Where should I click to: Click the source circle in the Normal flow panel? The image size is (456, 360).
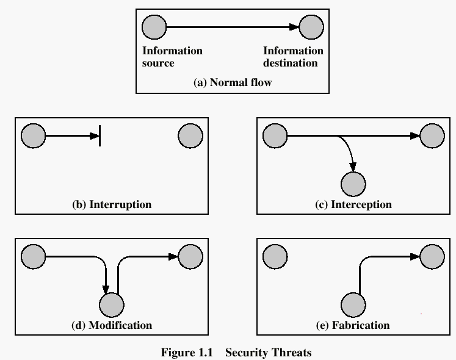click(x=154, y=27)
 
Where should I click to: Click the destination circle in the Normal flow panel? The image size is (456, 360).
click(x=311, y=27)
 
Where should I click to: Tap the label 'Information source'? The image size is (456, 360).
click(x=172, y=57)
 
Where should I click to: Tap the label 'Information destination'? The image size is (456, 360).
click(x=293, y=57)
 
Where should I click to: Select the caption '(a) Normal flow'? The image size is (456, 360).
click(x=232, y=82)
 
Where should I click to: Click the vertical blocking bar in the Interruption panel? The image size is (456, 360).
click(x=100, y=135)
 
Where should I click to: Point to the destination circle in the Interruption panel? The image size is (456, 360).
click(x=190, y=135)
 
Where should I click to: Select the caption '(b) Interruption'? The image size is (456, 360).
click(x=112, y=204)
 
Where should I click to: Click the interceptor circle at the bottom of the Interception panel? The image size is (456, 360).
click(x=353, y=184)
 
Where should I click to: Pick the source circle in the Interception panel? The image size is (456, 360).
click(x=275, y=135)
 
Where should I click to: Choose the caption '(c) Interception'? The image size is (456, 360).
click(x=353, y=204)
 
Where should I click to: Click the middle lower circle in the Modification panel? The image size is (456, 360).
click(x=112, y=304)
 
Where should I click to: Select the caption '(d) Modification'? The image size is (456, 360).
click(x=112, y=325)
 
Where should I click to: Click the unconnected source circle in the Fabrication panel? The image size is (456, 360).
click(x=275, y=257)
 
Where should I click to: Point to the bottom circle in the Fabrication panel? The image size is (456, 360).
click(x=353, y=304)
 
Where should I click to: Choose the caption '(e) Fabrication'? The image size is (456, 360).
click(x=353, y=325)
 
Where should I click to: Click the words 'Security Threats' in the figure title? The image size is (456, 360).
click(x=269, y=352)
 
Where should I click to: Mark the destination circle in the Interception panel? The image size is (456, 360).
click(x=432, y=135)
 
